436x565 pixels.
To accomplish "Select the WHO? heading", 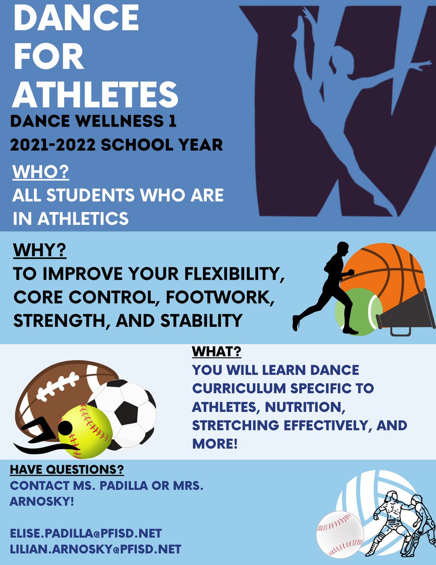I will (41, 172).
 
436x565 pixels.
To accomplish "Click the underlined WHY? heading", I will (40, 250).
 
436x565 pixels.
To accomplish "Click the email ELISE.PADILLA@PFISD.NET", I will (86, 533).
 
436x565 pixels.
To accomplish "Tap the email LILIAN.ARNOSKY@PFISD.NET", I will (95, 549).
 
